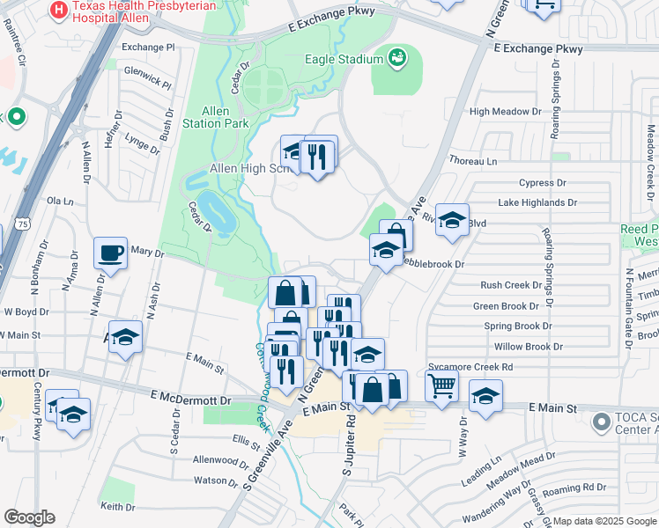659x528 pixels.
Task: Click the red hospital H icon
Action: tap(59, 11)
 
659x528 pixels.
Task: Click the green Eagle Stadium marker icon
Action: tap(398, 58)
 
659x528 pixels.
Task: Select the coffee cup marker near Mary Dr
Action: tap(110, 253)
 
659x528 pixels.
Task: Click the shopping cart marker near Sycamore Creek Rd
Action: tap(441, 384)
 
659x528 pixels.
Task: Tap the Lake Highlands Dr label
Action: tap(537, 202)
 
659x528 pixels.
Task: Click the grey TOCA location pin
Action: tap(603, 423)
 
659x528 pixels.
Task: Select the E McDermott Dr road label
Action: tap(190, 400)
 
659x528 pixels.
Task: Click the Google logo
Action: tap(29, 517)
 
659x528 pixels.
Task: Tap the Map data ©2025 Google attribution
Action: tap(604, 521)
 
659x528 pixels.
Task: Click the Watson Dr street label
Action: tap(210, 480)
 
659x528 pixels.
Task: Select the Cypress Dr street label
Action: tap(542, 183)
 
